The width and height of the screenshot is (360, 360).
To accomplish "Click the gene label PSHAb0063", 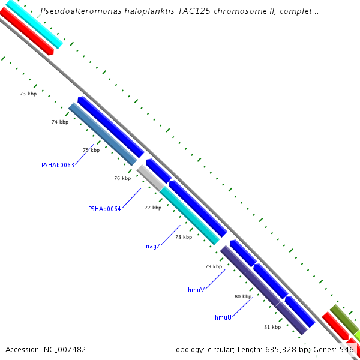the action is click(58, 165).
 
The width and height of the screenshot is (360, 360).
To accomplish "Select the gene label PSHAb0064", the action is click(104, 209).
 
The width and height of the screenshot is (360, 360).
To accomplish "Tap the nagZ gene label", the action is click(153, 246).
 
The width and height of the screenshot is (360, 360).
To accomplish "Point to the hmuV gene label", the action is click(196, 290).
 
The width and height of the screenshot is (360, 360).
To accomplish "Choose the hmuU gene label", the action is click(223, 317).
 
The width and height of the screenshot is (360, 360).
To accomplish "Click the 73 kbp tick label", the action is click(28, 94).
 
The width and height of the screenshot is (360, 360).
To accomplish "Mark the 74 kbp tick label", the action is click(60, 122).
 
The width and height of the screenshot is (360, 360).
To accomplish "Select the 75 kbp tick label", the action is click(91, 150).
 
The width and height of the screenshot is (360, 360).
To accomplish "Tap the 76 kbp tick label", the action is click(122, 178).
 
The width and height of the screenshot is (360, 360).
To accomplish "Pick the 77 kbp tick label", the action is click(153, 208).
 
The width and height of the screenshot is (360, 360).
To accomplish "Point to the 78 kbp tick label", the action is click(184, 237).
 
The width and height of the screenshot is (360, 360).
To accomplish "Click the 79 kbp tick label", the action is click(214, 266).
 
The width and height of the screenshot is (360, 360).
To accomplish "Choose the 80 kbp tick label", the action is click(243, 296).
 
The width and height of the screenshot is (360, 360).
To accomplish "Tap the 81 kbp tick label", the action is click(272, 327).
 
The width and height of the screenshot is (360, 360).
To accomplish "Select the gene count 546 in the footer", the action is click(347, 349).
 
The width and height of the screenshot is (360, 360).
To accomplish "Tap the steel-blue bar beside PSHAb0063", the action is click(103, 134).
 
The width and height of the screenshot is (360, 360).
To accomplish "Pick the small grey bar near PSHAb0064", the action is click(149, 178).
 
